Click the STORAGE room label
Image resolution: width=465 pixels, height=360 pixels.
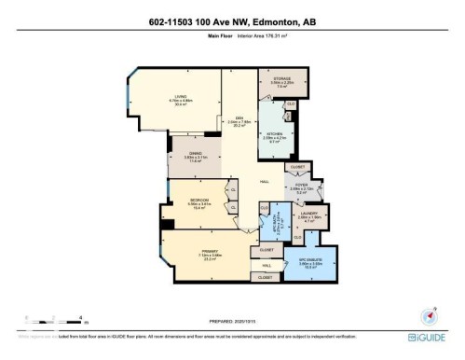pos(280,79)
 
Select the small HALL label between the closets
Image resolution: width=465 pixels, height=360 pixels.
pos(267,265)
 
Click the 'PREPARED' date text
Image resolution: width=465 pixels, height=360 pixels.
pos(232,323)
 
